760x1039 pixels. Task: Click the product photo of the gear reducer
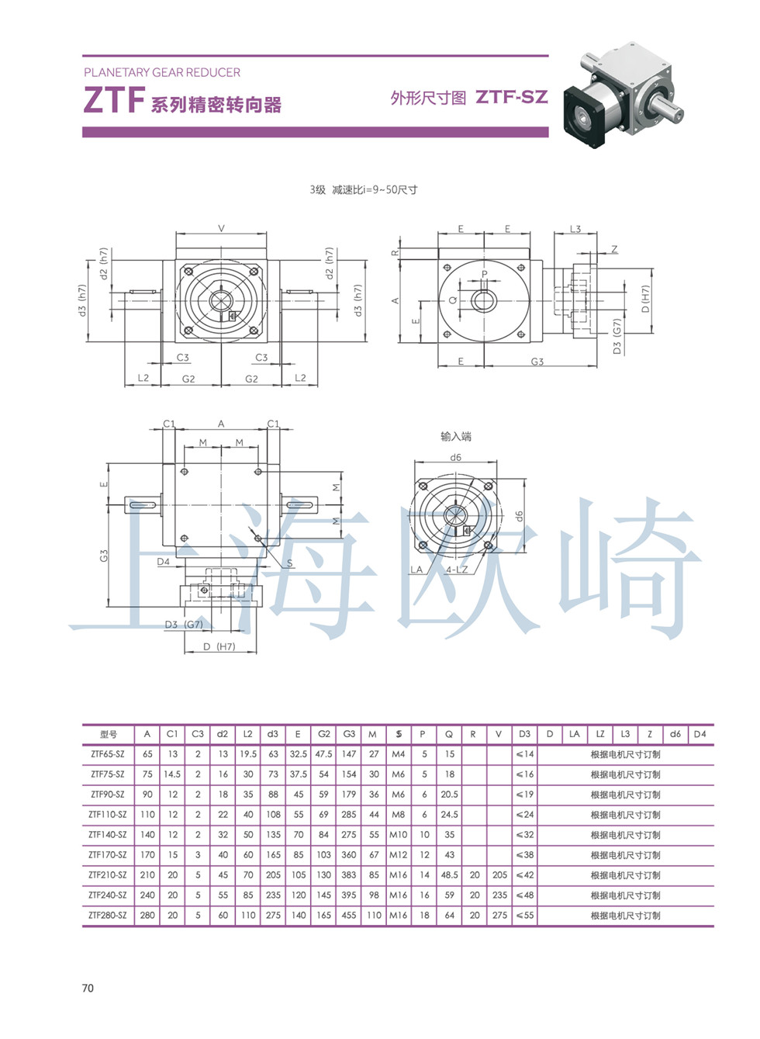(624, 98)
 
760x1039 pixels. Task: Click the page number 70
(88, 988)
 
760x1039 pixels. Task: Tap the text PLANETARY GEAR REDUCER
(162, 72)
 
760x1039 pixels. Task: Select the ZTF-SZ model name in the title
(511, 97)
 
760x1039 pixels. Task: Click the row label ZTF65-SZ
(107, 753)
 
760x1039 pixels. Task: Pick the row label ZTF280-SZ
(107, 915)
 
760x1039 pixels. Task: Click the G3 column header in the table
(349, 733)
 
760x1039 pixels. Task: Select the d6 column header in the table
(675, 733)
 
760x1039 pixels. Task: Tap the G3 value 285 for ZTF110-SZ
(349, 814)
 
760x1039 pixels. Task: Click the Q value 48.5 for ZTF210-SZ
(449, 874)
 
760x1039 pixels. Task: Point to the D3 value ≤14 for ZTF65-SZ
(524, 753)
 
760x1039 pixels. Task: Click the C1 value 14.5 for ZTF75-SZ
(172, 774)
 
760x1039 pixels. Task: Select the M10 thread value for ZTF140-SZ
(398, 834)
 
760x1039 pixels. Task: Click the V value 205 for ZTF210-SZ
(499, 874)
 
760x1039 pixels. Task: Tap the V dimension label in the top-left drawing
(221, 228)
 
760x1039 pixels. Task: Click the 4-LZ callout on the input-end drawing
(457, 570)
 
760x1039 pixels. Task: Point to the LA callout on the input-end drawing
(416, 570)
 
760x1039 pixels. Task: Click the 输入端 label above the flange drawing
(455, 436)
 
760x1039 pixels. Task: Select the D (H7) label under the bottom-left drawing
(219, 646)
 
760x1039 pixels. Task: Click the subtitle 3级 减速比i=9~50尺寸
(363, 189)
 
